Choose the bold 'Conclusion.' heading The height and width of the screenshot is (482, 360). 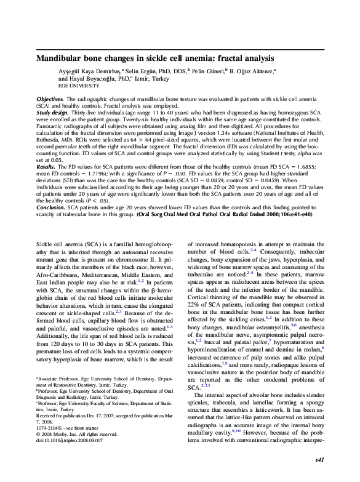(x=51, y=208)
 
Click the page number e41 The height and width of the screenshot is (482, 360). (x=319, y=476)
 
